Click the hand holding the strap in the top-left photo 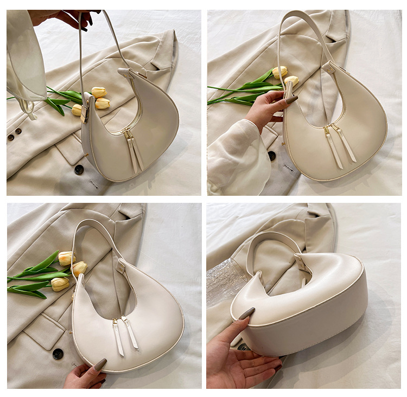point(65,18)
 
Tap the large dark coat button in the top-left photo point(79,169)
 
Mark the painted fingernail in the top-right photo point(291,100)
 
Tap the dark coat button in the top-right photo point(271,156)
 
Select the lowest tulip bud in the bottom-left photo point(59,284)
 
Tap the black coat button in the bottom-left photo point(58,354)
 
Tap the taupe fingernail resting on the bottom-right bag point(247,313)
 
